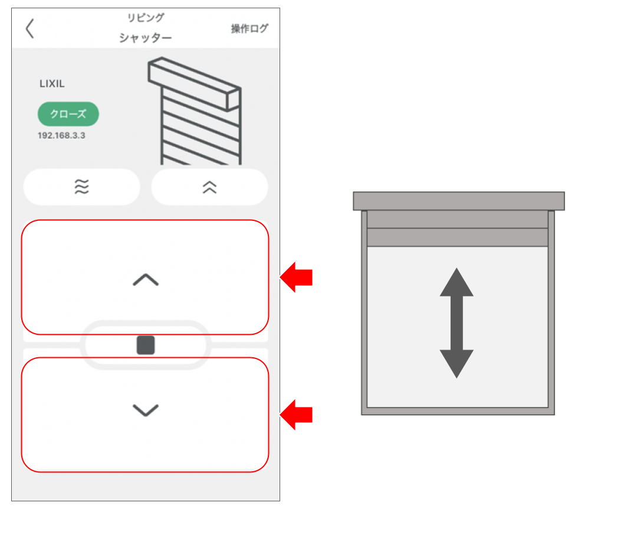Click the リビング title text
[146, 18]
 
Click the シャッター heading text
[146, 38]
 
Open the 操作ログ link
[249, 28]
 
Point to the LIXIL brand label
[52, 84]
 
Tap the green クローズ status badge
[68, 115]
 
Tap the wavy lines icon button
[81, 187]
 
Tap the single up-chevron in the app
[146, 280]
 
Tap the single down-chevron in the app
[146, 410]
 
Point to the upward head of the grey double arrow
[456, 283]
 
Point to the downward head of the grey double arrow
[456, 363]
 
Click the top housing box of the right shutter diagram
[459, 201]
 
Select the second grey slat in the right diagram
[457, 237]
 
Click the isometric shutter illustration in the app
[195, 112]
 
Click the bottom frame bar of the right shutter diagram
[458, 411]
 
